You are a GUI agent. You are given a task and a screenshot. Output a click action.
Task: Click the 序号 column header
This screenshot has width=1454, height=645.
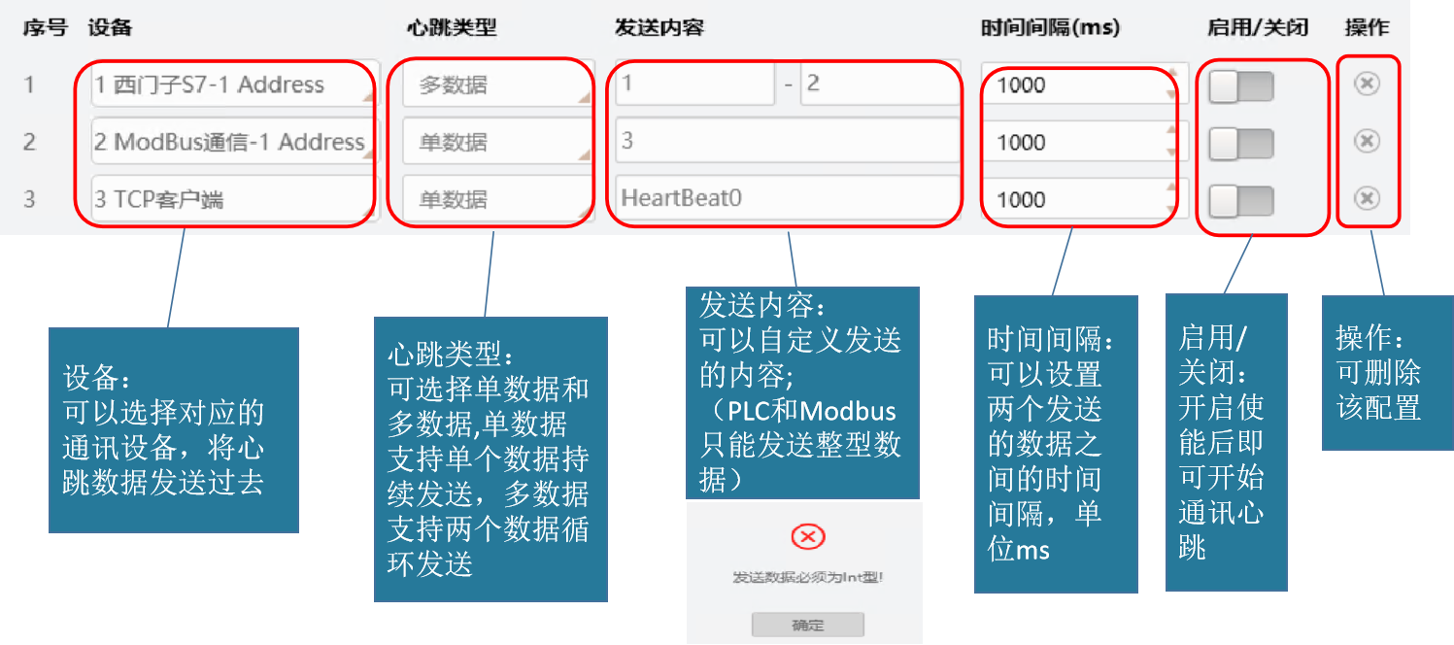(x=45, y=28)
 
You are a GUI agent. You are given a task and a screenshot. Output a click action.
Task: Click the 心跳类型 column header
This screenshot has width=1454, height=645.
(x=451, y=28)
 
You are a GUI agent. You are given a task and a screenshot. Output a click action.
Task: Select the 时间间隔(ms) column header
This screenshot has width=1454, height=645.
(x=1050, y=28)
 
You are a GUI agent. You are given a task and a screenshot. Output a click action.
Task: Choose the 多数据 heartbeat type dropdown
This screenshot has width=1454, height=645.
(x=496, y=85)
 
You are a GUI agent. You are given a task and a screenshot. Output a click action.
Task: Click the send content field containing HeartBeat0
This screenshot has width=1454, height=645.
(x=787, y=198)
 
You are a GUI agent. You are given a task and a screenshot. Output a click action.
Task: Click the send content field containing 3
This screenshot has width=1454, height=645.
(x=787, y=142)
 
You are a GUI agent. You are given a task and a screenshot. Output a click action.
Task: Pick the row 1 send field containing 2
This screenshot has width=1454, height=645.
(x=879, y=85)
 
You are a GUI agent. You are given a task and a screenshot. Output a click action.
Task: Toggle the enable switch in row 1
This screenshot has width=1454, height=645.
(x=1240, y=87)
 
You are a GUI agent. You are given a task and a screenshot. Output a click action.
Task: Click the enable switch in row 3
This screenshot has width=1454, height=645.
(x=1240, y=201)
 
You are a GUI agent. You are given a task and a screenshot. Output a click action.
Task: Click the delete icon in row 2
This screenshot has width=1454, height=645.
(x=1367, y=142)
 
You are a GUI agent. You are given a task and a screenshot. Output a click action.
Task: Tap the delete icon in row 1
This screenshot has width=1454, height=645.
(x=1367, y=85)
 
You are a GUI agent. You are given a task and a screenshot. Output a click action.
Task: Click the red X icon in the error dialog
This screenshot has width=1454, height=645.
(x=808, y=536)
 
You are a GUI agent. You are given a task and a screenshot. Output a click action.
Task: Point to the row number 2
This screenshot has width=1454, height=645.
(x=29, y=142)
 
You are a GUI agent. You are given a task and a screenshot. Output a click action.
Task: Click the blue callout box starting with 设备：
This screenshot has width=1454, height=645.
(x=173, y=429)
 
